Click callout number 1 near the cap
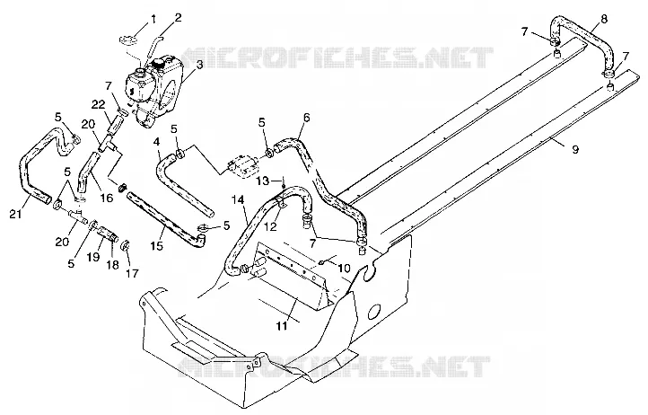(153, 19)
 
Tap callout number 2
(178, 17)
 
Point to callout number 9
(575, 149)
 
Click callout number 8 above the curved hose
(604, 20)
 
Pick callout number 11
(282, 326)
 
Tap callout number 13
(262, 181)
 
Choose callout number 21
(16, 214)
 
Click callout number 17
(133, 273)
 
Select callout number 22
(99, 105)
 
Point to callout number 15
(157, 246)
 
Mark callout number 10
(344, 268)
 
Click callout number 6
(306, 118)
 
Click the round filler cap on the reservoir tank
(158, 64)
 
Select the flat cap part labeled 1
(128, 40)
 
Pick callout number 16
(107, 198)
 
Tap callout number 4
(156, 142)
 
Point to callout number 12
(273, 225)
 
